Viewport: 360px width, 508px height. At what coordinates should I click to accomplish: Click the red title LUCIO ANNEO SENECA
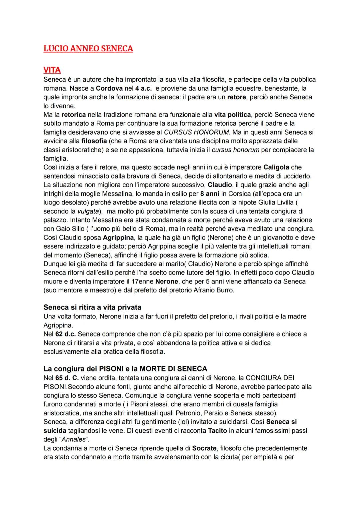pos(88,49)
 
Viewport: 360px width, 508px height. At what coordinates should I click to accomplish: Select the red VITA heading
pos(52,70)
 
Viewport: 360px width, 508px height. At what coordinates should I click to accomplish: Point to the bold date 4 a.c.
pos(143,88)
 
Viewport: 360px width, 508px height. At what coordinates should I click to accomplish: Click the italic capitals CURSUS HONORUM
pos(196,132)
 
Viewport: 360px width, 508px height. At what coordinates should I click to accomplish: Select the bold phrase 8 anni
pos(210,194)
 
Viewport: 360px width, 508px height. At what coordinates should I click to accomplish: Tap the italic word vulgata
pos(88,211)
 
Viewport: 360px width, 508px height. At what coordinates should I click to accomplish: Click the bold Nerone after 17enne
pos(167,281)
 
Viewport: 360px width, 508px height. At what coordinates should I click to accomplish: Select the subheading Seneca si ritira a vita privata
pos(92,307)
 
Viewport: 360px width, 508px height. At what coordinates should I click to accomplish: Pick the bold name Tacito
pos(217,430)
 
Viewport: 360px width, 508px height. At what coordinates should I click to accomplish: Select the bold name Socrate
pos(204,448)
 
